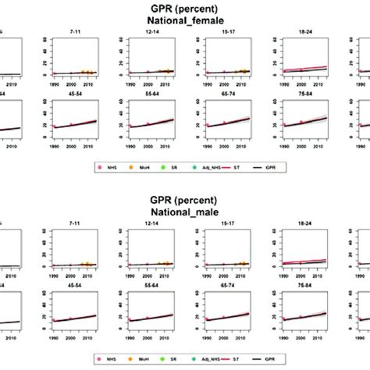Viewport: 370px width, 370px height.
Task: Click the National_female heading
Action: point(185,21)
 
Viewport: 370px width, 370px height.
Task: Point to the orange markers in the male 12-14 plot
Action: point(162,263)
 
